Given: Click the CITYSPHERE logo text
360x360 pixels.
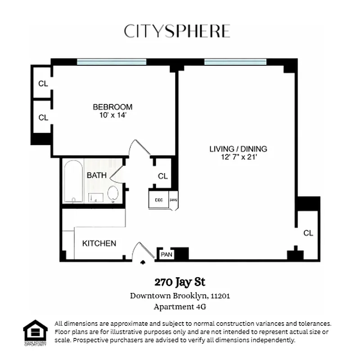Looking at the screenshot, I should pyautogui.click(x=177, y=31).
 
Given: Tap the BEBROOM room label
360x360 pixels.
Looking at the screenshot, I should pyautogui.click(x=112, y=107).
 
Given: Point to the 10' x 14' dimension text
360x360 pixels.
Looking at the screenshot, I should pyautogui.click(x=112, y=115).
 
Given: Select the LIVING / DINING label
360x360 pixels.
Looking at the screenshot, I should pyautogui.click(x=238, y=149).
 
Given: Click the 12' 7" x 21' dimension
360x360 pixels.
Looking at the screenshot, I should pyautogui.click(x=238, y=157).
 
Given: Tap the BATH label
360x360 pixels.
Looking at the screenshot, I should pyautogui.click(x=97, y=175).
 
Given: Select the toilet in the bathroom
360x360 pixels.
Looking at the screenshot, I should pyautogui.click(x=113, y=194).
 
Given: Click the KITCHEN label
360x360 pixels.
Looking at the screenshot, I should pyautogui.click(x=99, y=243).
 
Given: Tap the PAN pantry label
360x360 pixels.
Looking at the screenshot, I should pyautogui.click(x=166, y=255).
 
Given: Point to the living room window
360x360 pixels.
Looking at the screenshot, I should pyautogui.click(x=235, y=62).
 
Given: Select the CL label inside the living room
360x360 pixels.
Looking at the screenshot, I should pyautogui.click(x=308, y=233).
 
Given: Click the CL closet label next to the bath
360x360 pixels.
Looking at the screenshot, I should pyautogui.click(x=163, y=176).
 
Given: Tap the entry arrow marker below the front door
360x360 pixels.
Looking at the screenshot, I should pyautogui.click(x=143, y=262).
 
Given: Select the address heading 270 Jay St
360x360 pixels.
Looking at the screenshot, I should pyautogui.click(x=180, y=283).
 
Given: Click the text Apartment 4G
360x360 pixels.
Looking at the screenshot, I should pyautogui.click(x=180, y=307).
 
